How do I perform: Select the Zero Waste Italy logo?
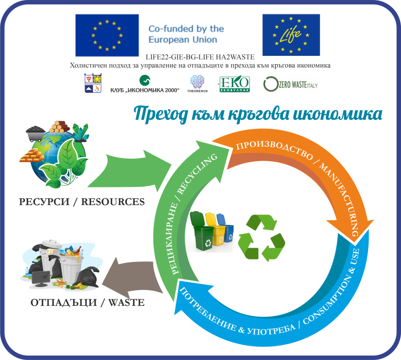click(290, 84)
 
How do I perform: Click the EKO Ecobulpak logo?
click(233, 84)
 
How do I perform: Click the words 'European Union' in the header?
click(183, 39)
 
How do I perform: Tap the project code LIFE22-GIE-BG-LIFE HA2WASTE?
click(200, 57)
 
